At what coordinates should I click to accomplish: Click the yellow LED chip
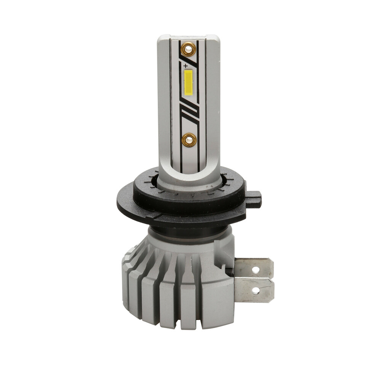point(189,82)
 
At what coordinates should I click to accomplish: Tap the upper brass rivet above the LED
point(188,48)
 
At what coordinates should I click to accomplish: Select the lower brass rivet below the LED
point(189,140)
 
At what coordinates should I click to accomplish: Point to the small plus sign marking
point(186,66)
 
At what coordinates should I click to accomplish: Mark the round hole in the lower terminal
point(256,291)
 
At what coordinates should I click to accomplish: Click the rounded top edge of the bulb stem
point(189,37)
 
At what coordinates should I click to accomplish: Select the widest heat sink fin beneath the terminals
point(217,305)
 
